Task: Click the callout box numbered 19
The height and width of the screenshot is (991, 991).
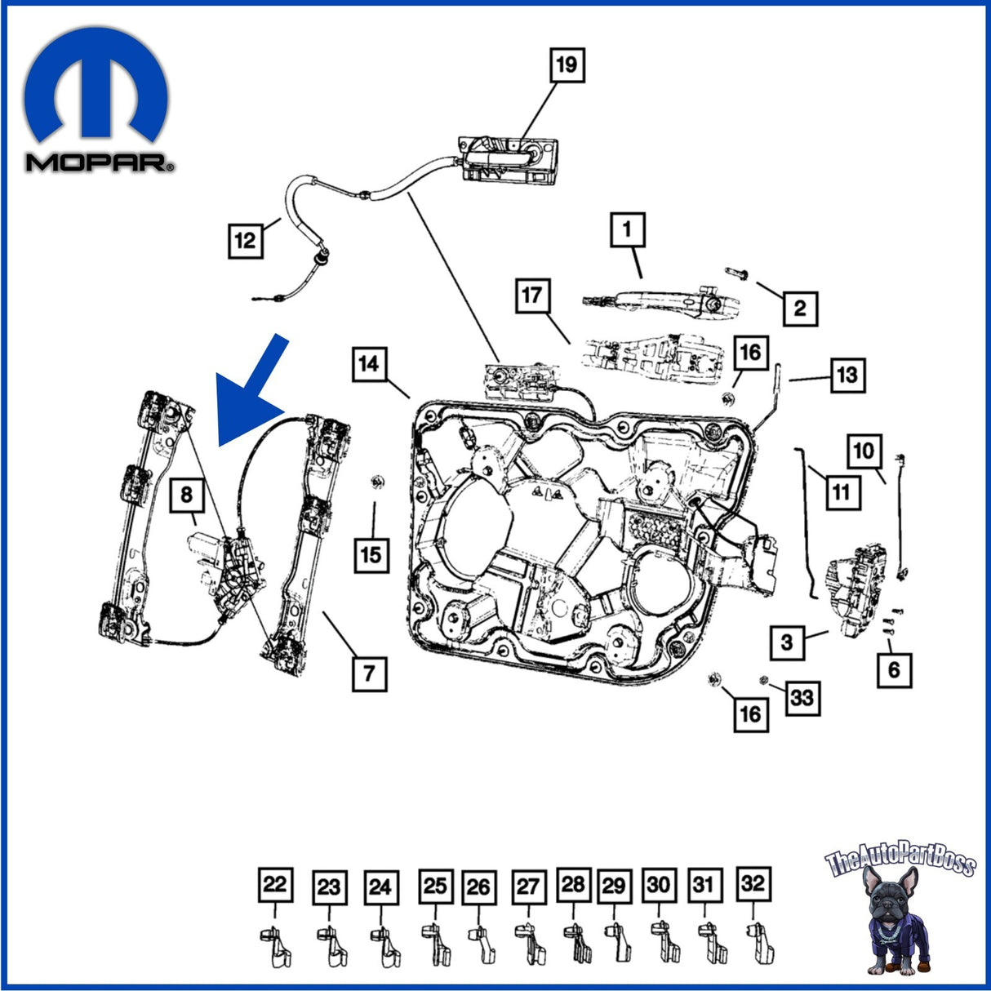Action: coord(567,65)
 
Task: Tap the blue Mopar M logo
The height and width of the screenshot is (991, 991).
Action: coord(96,86)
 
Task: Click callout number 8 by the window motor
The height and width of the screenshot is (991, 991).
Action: coord(187,495)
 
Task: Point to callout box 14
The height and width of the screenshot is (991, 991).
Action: coord(369,365)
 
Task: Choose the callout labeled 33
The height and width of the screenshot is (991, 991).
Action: coord(802,698)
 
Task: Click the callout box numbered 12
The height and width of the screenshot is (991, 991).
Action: coord(246,241)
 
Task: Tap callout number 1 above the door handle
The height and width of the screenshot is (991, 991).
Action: coord(628,230)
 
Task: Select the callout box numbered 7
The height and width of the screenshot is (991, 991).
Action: coord(369,673)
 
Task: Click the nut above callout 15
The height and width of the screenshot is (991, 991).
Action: coord(377,482)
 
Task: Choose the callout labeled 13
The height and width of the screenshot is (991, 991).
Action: coord(847,375)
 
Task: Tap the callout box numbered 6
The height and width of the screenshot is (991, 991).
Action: coord(895,670)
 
